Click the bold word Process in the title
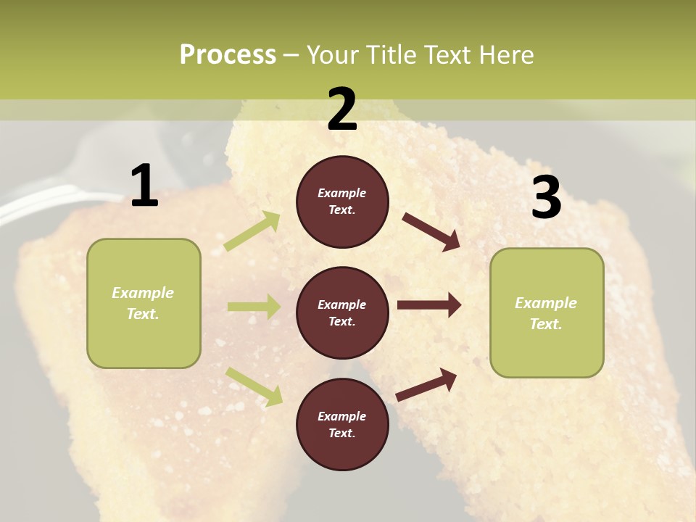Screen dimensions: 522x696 [x=228, y=54]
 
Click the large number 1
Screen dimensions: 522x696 [x=144, y=186]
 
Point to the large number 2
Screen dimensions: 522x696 [x=342, y=109]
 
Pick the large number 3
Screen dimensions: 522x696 [x=546, y=198]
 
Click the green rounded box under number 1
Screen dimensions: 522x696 [x=144, y=303]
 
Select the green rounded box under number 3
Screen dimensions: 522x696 [x=547, y=312]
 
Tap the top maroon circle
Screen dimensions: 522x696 [x=342, y=202]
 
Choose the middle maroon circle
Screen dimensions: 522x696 [x=342, y=312]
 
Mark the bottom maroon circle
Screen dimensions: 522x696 [x=342, y=424]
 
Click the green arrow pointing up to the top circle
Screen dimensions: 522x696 [x=252, y=231]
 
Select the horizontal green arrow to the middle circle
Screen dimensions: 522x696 [x=254, y=307]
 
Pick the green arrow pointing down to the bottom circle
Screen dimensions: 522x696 [x=254, y=386]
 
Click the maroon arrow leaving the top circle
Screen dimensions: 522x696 [x=431, y=231]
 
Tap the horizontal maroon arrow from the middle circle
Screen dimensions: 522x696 [x=428, y=305]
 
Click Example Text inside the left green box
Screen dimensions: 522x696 [x=143, y=303]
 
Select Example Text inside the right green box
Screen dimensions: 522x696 [x=546, y=313]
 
